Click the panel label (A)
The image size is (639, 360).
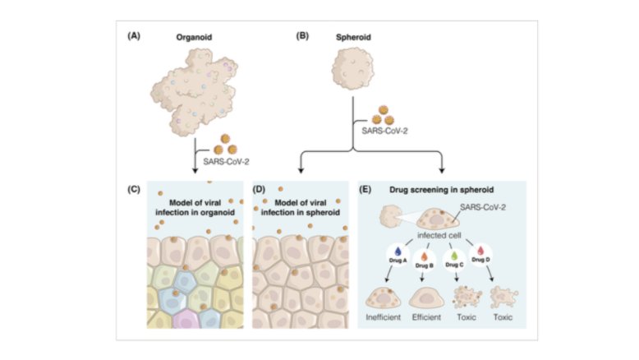click(x=132, y=37)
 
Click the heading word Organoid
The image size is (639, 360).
click(x=195, y=38)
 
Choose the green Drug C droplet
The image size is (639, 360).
click(x=454, y=256)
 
